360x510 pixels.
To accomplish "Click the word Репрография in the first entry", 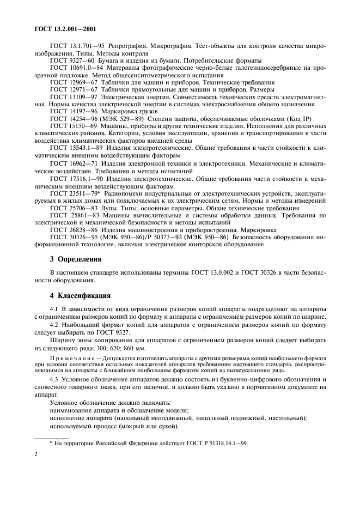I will pos(131,46).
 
